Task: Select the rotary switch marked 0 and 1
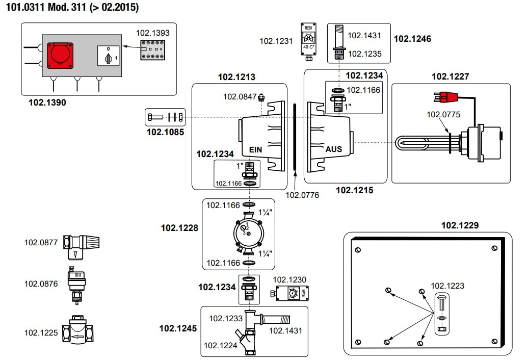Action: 108,55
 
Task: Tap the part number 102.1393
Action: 152,33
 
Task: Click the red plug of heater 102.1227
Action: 447,96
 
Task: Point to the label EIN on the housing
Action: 255,150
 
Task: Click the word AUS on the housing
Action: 334,149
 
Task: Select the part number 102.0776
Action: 302,194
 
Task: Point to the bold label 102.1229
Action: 460,225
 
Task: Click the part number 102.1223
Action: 447,286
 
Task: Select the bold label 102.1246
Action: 412,39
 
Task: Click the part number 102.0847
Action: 240,96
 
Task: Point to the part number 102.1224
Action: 220,345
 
